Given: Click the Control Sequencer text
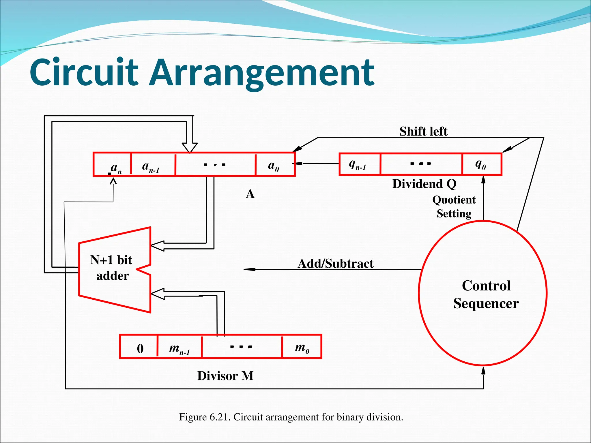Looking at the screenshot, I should pyautogui.click(x=486, y=294).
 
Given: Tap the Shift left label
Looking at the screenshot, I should pyautogui.click(x=423, y=132).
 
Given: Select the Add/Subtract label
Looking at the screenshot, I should pyautogui.click(x=335, y=263).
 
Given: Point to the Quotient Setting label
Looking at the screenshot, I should pyautogui.click(x=454, y=207).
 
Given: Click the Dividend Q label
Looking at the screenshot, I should pyautogui.click(x=424, y=184).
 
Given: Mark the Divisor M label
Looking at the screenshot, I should pyautogui.click(x=225, y=376).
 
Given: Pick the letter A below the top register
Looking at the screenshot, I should pyautogui.click(x=250, y=194).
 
